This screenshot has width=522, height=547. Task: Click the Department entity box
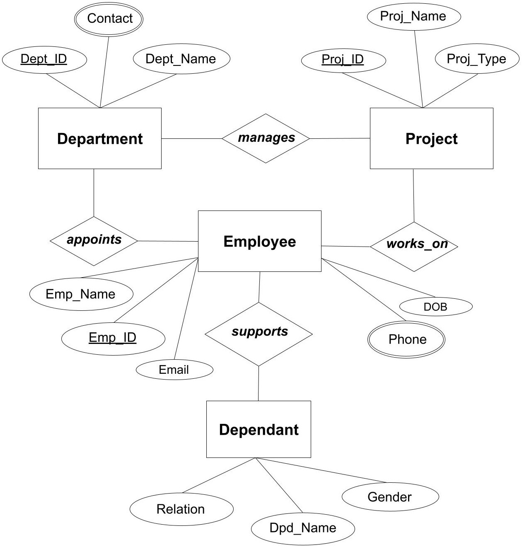99,138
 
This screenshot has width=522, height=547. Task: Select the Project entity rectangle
431,138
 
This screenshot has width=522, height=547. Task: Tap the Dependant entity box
259,429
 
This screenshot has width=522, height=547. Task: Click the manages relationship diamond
266,138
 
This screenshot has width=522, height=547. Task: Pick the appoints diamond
94,240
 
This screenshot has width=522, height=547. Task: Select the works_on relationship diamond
414,246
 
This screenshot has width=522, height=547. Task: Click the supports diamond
259,334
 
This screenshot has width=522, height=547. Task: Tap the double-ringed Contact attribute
109,19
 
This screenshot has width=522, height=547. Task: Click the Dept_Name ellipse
181,59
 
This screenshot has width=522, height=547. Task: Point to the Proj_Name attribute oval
413,17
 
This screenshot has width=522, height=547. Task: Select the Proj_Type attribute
477,59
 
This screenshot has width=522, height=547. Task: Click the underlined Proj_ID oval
343,60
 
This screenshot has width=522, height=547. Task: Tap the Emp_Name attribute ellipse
81,294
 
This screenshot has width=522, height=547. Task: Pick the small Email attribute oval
174,370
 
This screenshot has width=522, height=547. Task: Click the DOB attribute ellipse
436,307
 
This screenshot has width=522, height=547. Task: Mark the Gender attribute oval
390,497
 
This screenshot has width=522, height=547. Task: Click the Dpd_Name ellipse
303,528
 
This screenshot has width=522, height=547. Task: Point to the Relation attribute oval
181,509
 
